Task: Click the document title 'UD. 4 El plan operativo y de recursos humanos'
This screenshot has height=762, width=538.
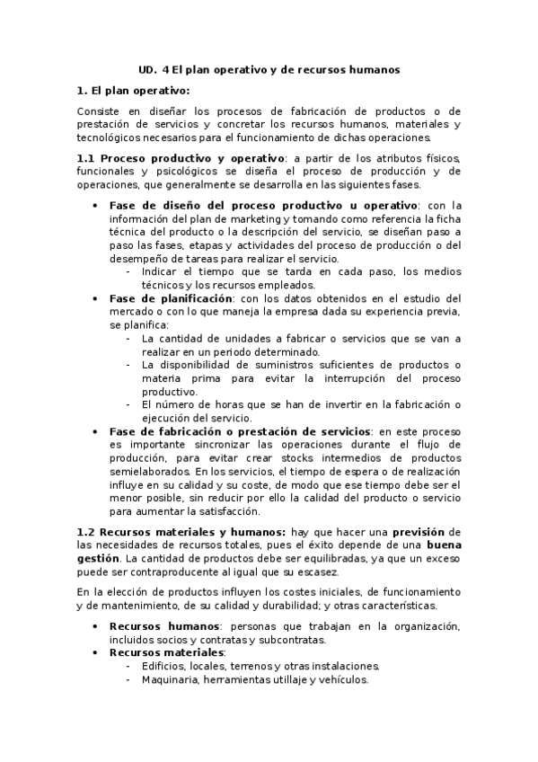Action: click(269, 69)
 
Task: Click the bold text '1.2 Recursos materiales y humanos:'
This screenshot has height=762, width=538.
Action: click(170, 533)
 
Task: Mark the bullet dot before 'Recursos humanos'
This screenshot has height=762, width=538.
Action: click(96, 626)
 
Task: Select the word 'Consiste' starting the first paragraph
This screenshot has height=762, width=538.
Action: click(98, 112)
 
